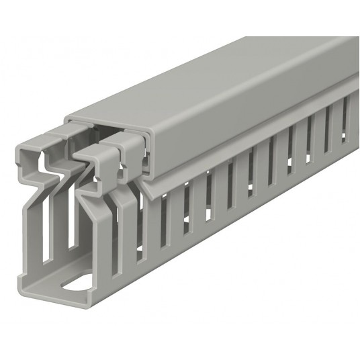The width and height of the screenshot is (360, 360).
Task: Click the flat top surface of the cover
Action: [x=222, y=81]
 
